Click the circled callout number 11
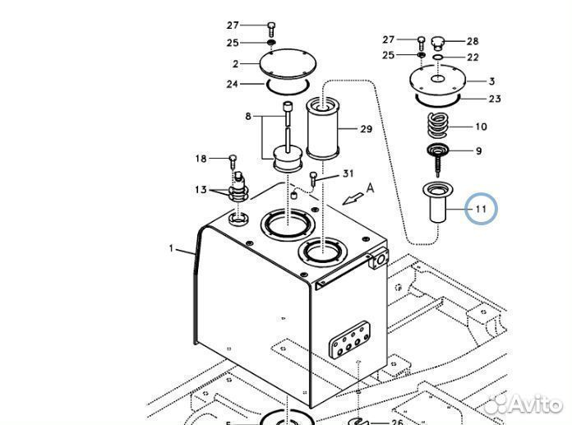[x=481, y=209]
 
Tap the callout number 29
[x=367, y=129]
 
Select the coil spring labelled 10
[x=437, y=125]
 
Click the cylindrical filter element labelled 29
[x=323, y=127]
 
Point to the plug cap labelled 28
[x=438, y=43]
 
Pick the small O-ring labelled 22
[x=438, y=58]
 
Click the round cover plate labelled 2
[x=288, y=64]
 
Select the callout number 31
[x=348, y=173]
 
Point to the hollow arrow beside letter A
[x=353, y=198]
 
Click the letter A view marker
[x=370, y=188]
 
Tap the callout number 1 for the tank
[x=171, y=248]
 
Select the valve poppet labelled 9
[x=437, y=159]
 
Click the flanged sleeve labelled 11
[x=437, y=203]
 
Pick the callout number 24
[x=233, y=85]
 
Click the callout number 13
[x=201, y=190]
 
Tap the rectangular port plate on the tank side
[x=349, y=340]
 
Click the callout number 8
[x=248, y=117]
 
